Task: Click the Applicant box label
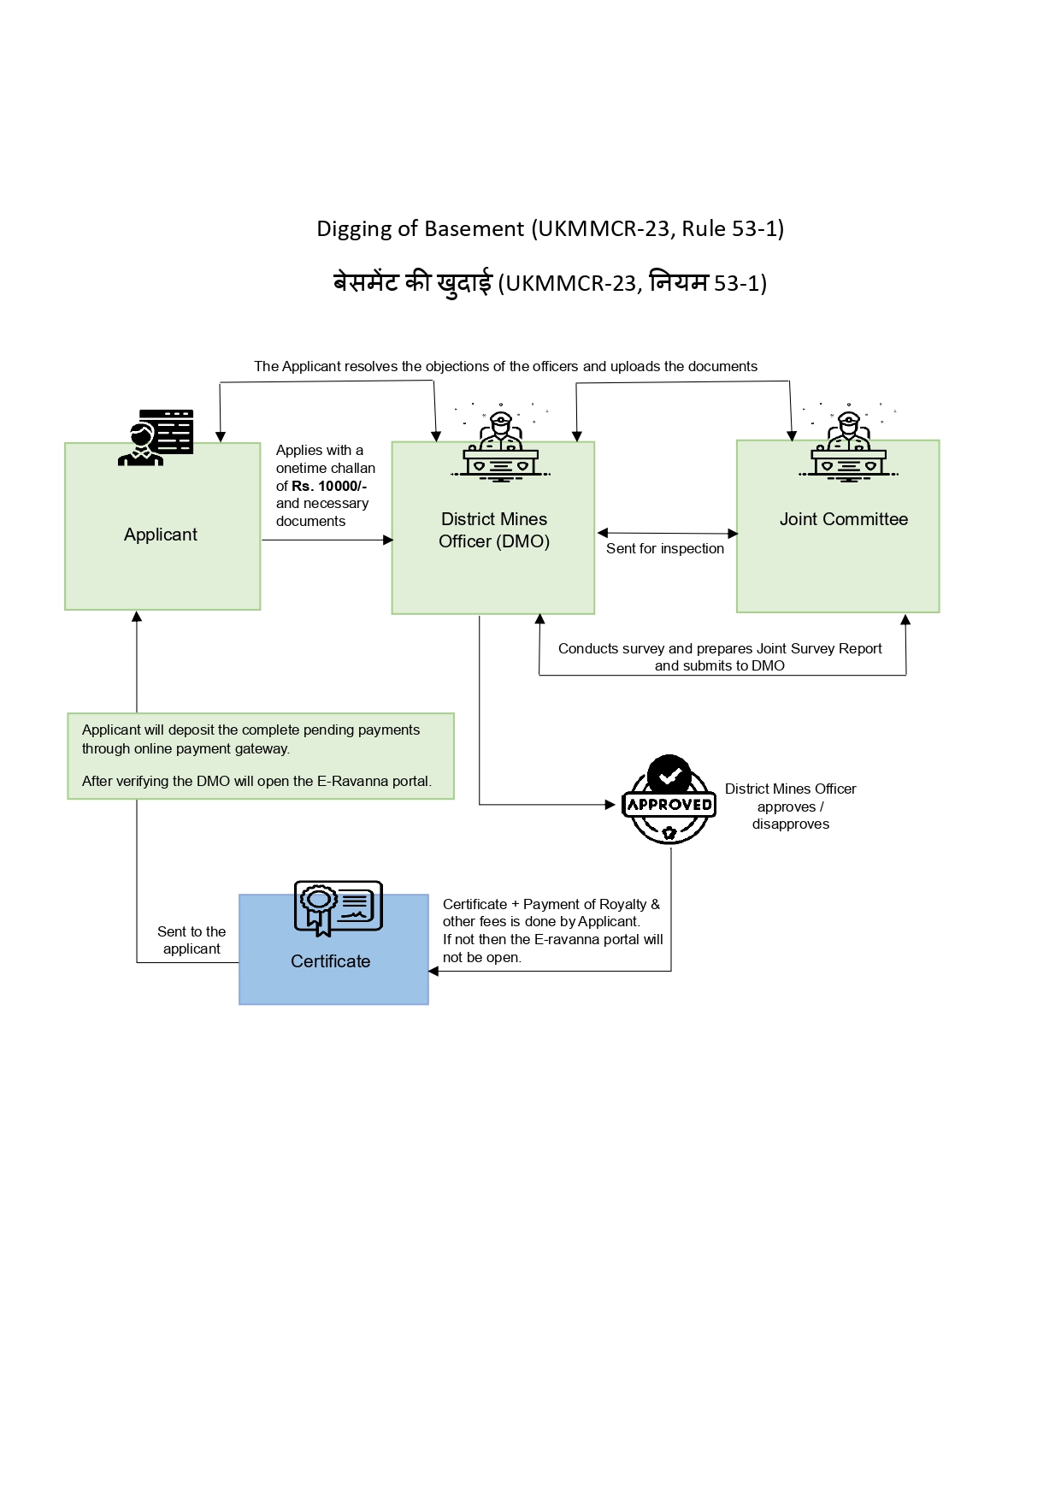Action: coord(161,535)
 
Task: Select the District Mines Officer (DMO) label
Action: coord(493,530)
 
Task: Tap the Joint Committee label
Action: coord(843,519)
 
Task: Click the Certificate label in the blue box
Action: coord(330,961)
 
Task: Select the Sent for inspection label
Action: coord(664,549)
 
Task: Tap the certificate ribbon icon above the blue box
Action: coord(338,907)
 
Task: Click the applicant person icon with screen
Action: coord(156,437)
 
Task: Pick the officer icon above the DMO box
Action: coord(501,445)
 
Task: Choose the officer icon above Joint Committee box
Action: coord(848,445)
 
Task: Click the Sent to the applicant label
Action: coord(192,940)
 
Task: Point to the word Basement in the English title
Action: coord(474,228)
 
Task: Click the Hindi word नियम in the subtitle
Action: coord(679,282)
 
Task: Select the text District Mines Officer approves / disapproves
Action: coord(790,807)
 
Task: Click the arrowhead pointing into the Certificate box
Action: coord(433,971)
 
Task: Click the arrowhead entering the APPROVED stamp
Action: coord(610,805)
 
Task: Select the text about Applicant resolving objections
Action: coord(505,366)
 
